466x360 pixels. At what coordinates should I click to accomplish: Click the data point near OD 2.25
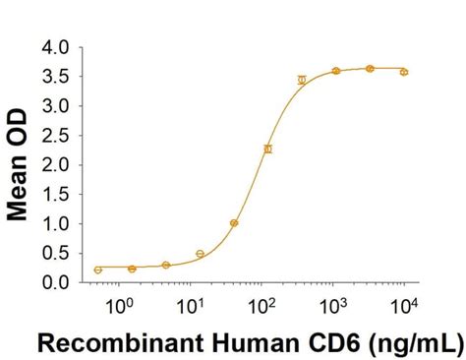[x=267, y=149]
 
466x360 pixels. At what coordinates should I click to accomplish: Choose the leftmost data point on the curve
[x=97, y=270]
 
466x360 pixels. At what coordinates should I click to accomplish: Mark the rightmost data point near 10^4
[x=404, y=72]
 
